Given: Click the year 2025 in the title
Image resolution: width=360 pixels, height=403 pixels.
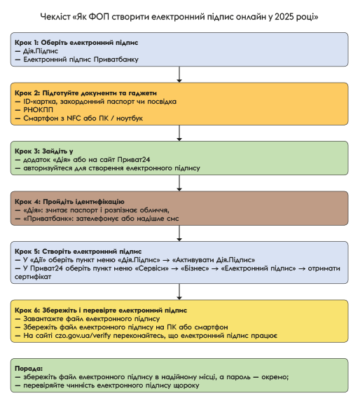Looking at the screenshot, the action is (284, 17).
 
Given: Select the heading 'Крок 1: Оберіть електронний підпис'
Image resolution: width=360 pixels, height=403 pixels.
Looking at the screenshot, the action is (76, 43).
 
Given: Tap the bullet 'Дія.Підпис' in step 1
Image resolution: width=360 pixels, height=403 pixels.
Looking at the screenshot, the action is (41, 51).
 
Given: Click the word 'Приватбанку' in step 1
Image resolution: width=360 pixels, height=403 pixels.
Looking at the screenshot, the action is (116, 60).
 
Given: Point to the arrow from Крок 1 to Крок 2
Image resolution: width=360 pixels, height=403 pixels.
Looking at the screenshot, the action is (179, 74).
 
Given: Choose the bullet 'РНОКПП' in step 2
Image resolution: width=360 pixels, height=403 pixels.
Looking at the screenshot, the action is (38, 110).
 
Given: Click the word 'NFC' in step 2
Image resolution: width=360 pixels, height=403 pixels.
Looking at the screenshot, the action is (74, 118).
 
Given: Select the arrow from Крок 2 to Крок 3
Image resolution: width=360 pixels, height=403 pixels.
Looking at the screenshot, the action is (179, 133).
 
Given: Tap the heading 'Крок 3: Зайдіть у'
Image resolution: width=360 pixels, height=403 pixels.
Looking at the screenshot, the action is (44, 151).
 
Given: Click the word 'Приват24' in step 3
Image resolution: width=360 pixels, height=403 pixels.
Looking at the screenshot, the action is (134, 160).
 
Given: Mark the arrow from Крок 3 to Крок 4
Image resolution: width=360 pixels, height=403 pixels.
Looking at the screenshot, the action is (179, 183).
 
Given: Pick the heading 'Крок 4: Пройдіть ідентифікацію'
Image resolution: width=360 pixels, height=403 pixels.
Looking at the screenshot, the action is (69, 202).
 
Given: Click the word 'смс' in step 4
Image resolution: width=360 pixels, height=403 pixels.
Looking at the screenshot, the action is (172, 219).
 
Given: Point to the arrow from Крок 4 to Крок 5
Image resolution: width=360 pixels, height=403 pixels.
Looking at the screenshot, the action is (179, 233).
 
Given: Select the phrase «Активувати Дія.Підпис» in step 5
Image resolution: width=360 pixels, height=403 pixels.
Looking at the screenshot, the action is (214, 260).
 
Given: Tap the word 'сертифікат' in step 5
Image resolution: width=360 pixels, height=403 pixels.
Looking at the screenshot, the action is (33, 277).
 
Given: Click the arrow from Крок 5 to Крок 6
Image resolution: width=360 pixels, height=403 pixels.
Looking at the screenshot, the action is (179, 292).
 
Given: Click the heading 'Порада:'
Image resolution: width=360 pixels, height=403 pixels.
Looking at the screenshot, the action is (29, 369).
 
